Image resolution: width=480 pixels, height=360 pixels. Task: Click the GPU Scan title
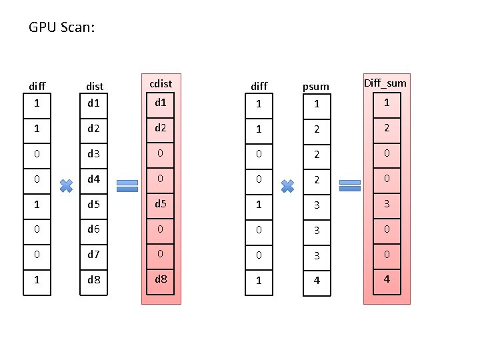[62, 28]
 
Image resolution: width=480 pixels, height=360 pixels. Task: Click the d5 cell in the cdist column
[161, 203]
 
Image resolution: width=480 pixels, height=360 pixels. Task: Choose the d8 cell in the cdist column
[161, 278]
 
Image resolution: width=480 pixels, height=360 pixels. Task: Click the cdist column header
[161, 84]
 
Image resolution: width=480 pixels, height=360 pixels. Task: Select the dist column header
[95, 86]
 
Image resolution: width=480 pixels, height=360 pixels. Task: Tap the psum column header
[316, 86]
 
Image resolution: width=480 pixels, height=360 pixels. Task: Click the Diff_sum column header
[385, 83]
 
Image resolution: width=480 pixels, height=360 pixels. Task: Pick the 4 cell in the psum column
[317, 280]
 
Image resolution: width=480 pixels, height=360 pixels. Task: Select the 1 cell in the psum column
[317, 105]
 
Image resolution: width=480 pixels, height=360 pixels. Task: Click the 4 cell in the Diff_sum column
[386, 278]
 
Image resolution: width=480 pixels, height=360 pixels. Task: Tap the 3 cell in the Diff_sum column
[386, 203]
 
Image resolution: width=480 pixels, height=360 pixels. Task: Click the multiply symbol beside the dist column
[66, 185]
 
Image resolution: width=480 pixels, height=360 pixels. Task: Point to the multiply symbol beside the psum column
[287, 185]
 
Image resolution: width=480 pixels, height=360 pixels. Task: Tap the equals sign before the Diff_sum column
[350, 185]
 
